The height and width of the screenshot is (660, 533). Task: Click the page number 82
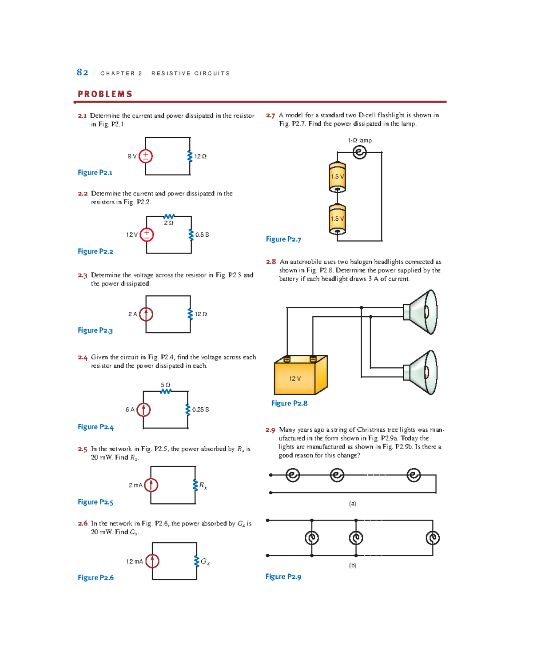[83, 72]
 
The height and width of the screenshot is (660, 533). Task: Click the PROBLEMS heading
[105, 94]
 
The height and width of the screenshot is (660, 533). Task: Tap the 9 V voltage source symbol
[146, 156]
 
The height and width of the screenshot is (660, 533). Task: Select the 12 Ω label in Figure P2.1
[200, 156]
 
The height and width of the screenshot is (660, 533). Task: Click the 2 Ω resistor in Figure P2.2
[169, 217]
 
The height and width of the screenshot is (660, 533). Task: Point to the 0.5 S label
[202, 235]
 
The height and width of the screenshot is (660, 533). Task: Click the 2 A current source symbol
[146, 314]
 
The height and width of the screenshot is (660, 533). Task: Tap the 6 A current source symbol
[143, 410]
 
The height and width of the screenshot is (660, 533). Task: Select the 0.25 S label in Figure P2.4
[200, 410]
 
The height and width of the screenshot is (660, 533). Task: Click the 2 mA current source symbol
[151, 485]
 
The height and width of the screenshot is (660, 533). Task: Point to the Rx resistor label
[203, 485]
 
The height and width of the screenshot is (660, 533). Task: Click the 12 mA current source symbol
[152, 561]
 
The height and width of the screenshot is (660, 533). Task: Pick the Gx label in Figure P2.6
[205, 561]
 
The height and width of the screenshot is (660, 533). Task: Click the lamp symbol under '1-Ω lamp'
[359, 152]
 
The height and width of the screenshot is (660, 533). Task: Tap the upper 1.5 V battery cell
[337, 177]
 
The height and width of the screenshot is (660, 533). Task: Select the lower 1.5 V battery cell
[337, 219]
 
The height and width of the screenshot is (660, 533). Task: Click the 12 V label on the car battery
[295, 379]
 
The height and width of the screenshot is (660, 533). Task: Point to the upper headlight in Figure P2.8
[422, 312]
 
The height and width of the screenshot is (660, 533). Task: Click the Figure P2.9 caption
[283, 577]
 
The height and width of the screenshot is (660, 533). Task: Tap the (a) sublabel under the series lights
[352, 503]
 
